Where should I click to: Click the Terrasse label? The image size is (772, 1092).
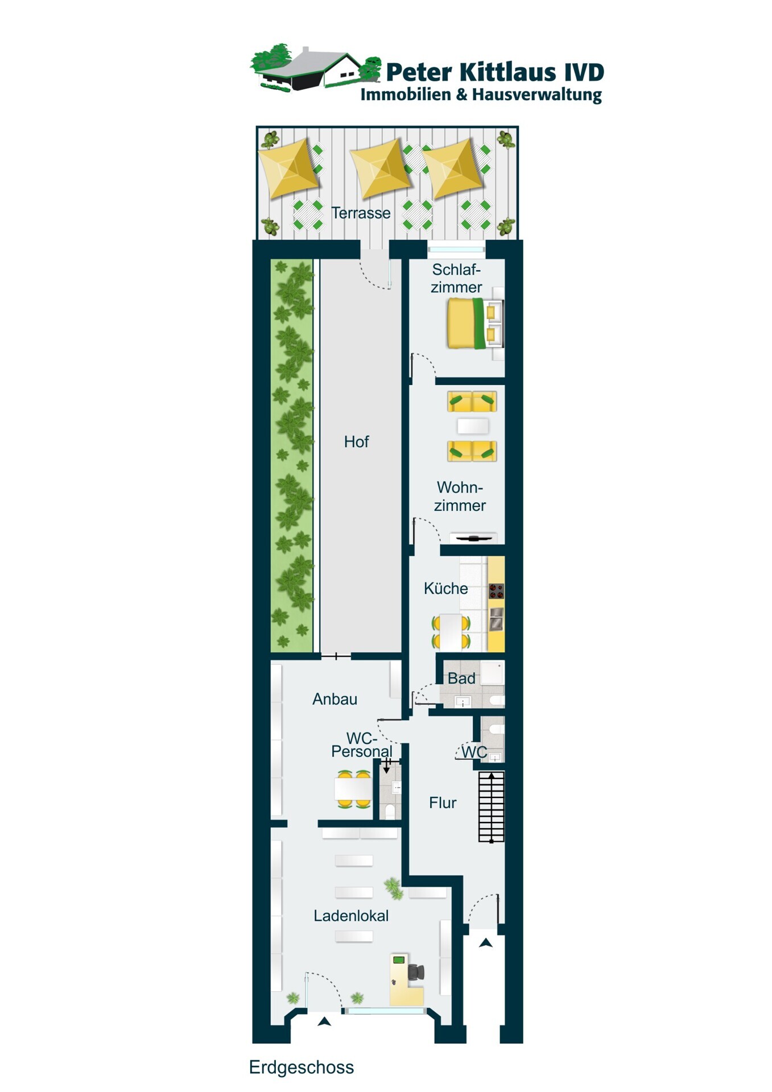pyautogui.click(x=361, y=213)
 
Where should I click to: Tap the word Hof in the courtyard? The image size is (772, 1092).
pyautogui.click(x=356, y=442)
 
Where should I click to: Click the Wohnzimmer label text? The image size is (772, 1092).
pyautogui.click(x=460, y=497)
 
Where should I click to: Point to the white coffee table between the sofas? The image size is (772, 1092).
pyautogui.click(x=473, y=426)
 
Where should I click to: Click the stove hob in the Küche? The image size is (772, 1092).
pyautogui.click(x=496, y=591)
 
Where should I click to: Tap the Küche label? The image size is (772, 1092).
pyautogui.click(x=445, y=589)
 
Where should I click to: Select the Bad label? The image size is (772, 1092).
pyautogui.click(x=461, y=679)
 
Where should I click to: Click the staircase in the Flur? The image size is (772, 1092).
pyautogui.click(x=491, y=806)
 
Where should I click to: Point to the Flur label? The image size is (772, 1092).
pyautogui.click(x=443, y=803)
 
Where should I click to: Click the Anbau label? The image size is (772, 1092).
pyautogui.click(x=335, y=700)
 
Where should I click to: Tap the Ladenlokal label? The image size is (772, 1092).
pyautogui.click(x=351, y=916)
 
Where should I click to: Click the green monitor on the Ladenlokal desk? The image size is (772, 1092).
pyautogui.click(x=399, y=960)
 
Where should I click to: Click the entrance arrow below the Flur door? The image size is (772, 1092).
pyautogui.click(x=485, y=943)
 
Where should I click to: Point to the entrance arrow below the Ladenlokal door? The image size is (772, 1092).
pyautogui.click(x=324, y=1021)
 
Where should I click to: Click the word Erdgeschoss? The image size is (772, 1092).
pyautogui.click(x=302, y=1068)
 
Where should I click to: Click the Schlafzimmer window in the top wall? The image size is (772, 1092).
pyautogui.click(x=456, y=249)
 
